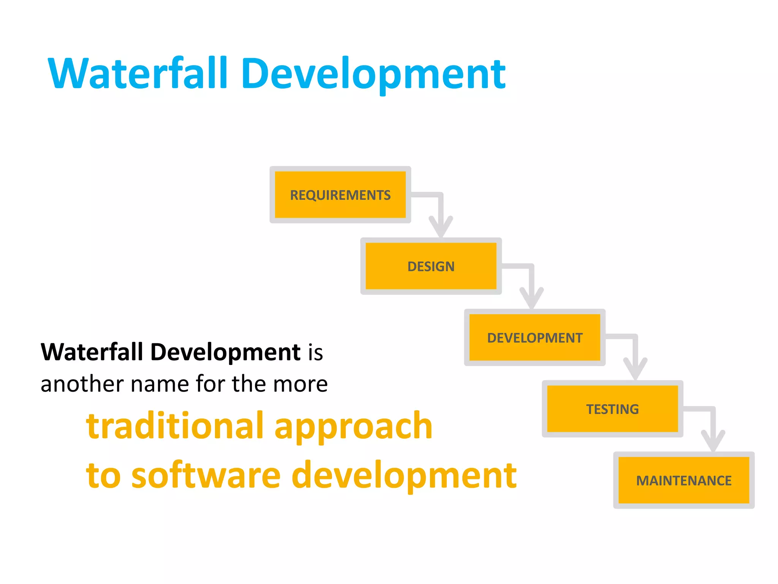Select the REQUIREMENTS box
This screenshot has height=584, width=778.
[340, 195]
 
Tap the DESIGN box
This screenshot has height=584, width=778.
[431, 266]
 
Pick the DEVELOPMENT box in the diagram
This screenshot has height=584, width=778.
[534, 338]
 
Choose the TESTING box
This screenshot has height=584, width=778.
[612, 409]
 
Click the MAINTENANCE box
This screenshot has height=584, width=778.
[683, 480]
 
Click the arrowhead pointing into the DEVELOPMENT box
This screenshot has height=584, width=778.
[532, 299]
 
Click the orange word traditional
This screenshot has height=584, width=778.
[175, 426]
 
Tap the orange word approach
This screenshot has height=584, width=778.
[353, 428]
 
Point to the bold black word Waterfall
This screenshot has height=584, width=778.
[92, 352]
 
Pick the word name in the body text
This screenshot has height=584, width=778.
[160, 384]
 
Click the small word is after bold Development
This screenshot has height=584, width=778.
[315, 352]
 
